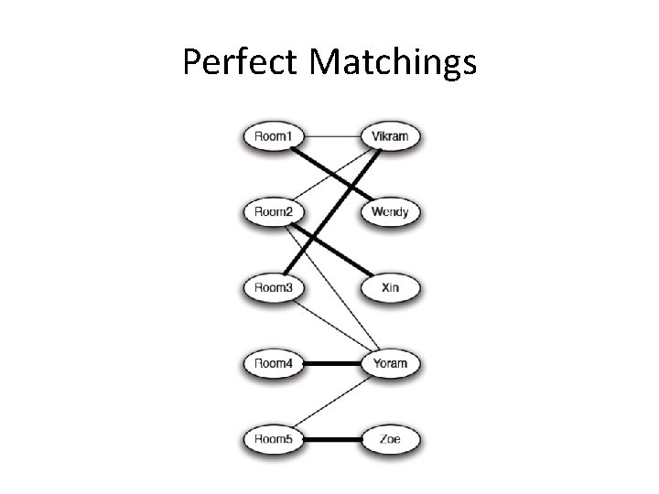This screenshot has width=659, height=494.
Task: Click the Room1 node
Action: click(x=274, y=138)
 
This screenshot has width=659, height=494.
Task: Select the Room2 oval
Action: click(x=274, y=213)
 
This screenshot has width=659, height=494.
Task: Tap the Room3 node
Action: click(x=274, y=288)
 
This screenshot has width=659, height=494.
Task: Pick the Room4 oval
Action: click(x=274, y=363)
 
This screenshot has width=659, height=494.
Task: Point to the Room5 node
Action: click(x=274, y=439)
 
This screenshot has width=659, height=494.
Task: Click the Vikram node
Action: click(x=390, y=138)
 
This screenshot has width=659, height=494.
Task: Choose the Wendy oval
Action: click(x=390, y=213)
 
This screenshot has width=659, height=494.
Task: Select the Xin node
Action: click(x=390, y=288)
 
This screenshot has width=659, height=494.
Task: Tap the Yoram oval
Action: click(x=390, y=363)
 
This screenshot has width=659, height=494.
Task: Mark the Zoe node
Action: click(x=390, y=439)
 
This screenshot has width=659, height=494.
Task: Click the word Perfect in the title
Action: click(x=240, y=62)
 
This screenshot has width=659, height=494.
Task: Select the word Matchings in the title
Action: click(x=394, y=62)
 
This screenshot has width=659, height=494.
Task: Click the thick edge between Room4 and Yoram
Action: click(x=331, y=363)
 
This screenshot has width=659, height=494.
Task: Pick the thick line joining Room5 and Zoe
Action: click(x=331, y=439)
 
